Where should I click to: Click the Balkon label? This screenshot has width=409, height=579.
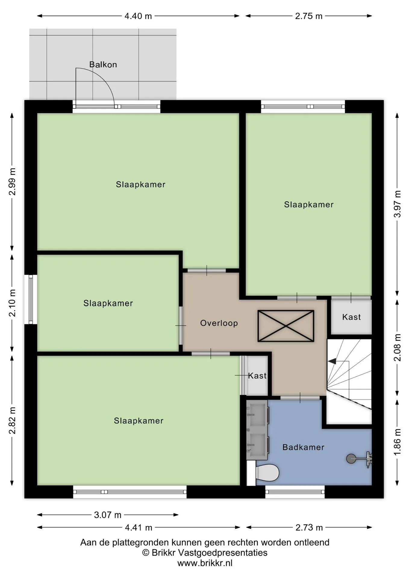coord(103,65)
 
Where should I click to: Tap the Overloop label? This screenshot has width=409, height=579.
coord(219,323)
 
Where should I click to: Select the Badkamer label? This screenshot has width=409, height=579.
coord(303,447)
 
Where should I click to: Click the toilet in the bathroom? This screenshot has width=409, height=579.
coord(267,472)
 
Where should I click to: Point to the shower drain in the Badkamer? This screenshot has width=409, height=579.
coord(351,459)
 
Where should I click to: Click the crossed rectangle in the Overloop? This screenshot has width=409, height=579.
coord(286,326)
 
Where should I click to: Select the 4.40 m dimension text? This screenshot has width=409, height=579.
coord(138,16)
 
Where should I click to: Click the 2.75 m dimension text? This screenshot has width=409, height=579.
coord(309,16)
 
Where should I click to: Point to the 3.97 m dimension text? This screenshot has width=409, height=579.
coord(398,204)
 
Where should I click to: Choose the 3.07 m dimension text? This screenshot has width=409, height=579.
coord(108,515)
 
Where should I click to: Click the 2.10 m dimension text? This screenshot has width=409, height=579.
coord(12,303)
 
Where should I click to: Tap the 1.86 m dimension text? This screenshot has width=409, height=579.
coord(398,442)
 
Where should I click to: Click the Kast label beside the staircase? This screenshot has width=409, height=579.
coord(351,317)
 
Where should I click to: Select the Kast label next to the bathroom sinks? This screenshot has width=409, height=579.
coord(257,376)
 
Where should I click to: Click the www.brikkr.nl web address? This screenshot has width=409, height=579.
coord(205,563)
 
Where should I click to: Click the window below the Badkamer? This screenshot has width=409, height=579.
coord(295,492)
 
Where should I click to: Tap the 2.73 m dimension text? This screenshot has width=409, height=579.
coord(309,527)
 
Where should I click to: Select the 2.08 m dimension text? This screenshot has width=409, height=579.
coord(398,347)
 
